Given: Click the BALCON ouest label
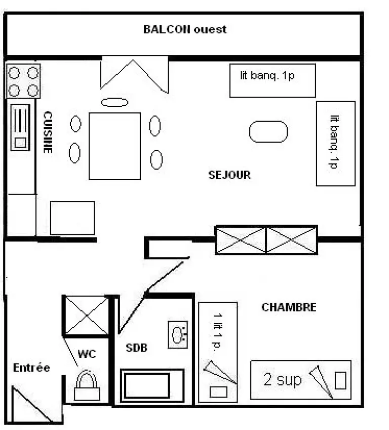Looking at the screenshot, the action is pos(185,29).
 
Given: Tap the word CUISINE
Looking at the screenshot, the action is pos(48,132).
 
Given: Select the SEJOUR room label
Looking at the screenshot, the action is pos(229,175).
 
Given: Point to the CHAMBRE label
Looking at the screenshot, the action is pos(289,307).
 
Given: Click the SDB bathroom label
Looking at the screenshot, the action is pos(136,348).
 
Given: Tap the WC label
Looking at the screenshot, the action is pos(87,354).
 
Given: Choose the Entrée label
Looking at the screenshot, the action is pos(31,368).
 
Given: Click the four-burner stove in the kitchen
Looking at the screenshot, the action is pos(23,81).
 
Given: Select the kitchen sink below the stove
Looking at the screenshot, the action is pos(20,127).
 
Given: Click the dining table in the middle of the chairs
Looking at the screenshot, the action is pos(115,146).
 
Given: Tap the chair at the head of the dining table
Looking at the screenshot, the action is pos(115,103).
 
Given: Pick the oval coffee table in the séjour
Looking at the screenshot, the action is pos(268,132).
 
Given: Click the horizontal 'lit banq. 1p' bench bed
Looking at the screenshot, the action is pos(273,80).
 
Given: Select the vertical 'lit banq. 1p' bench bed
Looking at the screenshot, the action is pos(336,144).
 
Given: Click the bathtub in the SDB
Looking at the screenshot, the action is pos(152,385).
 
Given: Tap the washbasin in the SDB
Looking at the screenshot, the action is pos(178,334).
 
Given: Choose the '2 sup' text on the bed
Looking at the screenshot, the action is pos(283,380).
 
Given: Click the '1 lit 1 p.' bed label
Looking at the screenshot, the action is pos(218,331).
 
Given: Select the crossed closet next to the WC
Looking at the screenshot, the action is pos(87,316).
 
